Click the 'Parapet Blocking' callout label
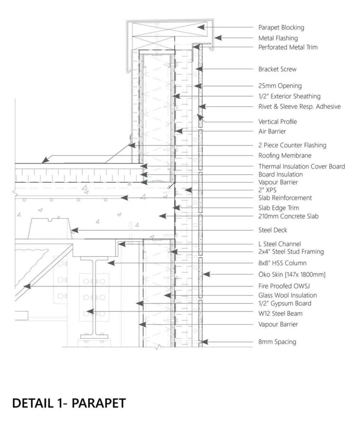281,28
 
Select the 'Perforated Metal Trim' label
288,47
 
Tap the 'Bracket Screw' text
277,69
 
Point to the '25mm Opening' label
280,86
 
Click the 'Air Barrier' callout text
272,132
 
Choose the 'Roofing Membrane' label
285,156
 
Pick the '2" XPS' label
267,190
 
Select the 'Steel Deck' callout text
273,230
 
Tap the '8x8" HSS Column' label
282,263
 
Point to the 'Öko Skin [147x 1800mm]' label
292,275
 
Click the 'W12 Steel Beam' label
280,314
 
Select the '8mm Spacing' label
277,342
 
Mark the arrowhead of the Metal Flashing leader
218,38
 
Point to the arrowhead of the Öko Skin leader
206,275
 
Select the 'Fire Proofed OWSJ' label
284,286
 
